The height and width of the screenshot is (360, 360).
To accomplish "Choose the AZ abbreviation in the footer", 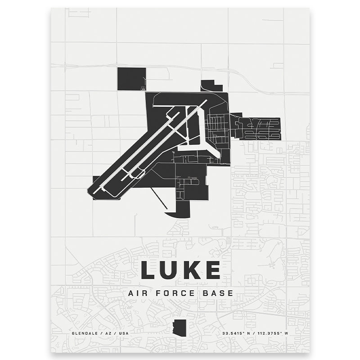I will coord(107,333).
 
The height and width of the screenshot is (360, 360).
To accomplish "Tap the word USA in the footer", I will coord(122,333).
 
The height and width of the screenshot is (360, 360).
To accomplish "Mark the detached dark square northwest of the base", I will coord(132,79).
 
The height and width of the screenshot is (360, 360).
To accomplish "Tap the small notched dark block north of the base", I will coord(211,86).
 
